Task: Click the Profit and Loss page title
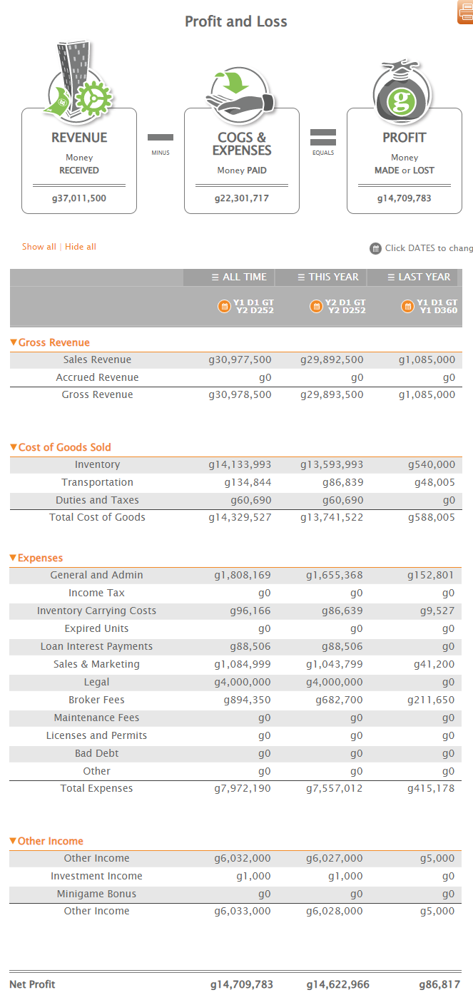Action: click(x=236, y=21)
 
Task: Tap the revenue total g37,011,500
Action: click(x=79, y=198)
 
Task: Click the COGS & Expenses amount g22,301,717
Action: click(x=242, y=198)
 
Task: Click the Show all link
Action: click(x=39, y=247)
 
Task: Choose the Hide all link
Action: click(x=81, y=247)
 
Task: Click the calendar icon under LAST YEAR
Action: click(x=407, y=307)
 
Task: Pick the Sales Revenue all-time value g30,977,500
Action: click(x=240, y=359)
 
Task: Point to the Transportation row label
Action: click(x=97, y=482)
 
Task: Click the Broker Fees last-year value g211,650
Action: click(x=431, y=700)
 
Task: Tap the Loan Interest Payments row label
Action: click(x=96, y=646)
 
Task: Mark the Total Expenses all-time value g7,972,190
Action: click(x=243, y=788)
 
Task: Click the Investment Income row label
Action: click(x=96, y=876)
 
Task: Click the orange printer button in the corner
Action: click(x=465, y=11)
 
